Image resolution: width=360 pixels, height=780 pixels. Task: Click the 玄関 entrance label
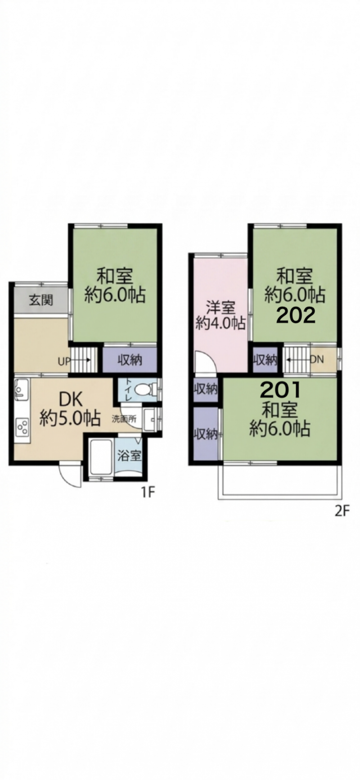[41, 300]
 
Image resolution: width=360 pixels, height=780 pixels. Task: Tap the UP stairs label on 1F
[63, 361]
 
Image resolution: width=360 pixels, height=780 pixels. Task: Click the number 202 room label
[295, 316]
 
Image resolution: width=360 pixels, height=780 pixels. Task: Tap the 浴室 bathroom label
[129, 456]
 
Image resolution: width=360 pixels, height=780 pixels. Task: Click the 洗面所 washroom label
[124, 418]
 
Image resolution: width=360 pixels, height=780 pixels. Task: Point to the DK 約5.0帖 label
[70, 410]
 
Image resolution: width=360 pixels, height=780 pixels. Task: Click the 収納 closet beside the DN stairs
[265, 360]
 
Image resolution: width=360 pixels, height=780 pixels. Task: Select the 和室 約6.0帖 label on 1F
[115, 285]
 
